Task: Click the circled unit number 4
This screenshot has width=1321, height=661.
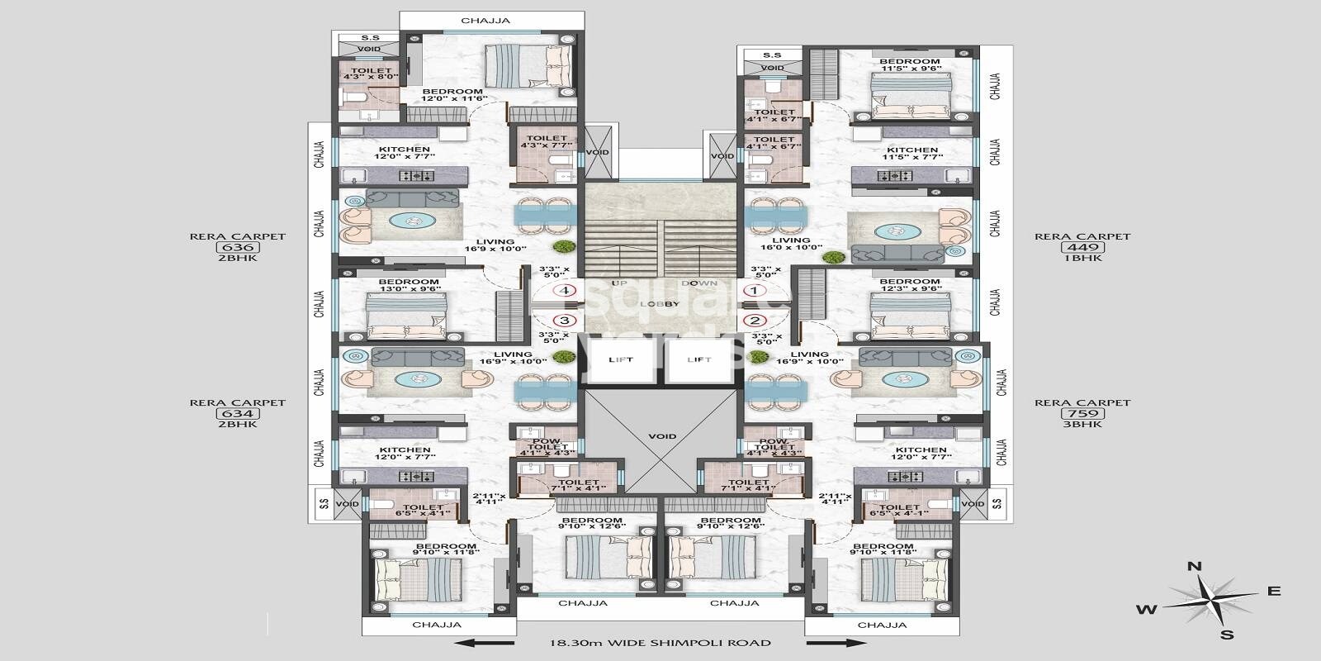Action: pos(566,291)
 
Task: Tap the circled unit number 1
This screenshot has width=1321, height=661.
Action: pos(755,291)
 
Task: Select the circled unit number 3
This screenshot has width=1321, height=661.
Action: pos(566,321)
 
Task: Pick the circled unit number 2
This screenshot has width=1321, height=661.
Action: pos(755,321)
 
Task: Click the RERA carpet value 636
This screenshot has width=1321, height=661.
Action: pos(237,247)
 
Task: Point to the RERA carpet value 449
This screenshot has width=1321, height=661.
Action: pos(1082,247)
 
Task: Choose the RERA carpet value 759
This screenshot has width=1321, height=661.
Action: pos(1082,413)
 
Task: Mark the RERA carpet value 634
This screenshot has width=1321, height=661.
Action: pos(237,413)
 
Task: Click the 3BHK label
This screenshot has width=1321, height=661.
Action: pos(1082,424)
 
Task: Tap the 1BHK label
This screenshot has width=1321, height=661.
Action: pos(1082,258)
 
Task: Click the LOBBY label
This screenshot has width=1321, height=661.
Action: pos(660,304)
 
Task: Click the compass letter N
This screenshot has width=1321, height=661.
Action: pos(1194,567)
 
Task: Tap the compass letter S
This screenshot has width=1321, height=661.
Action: pos(1228,635)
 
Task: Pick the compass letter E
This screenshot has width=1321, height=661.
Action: pos(1274,591)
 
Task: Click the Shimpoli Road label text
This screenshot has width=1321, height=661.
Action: pos(660,642)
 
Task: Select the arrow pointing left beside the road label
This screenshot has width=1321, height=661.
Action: pos(487,642)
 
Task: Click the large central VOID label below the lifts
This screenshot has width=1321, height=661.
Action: pos(662,436)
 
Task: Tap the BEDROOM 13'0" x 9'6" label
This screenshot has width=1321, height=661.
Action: pos(409,286)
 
